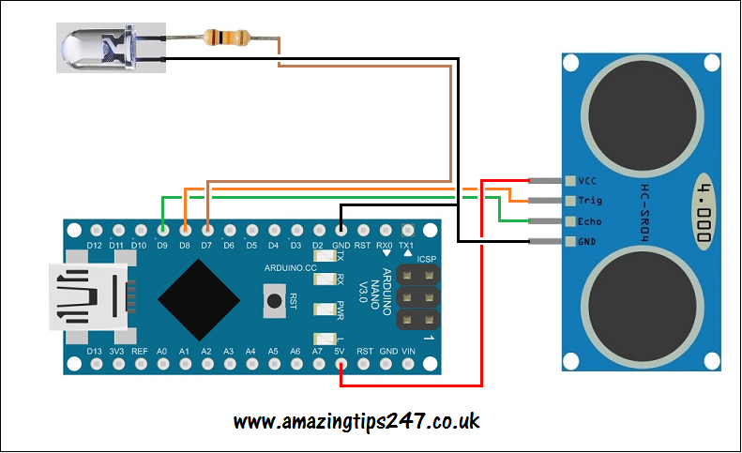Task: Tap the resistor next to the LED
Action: point(226,38)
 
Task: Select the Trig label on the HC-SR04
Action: point(590,201)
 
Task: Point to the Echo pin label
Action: point(590,222)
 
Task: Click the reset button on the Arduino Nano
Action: point(273,300)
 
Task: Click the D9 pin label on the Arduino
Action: point(161,246)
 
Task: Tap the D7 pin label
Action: point(206,246)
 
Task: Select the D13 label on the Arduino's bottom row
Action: point(94,351)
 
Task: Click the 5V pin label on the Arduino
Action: point(340,351)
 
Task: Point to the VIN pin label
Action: point(408,351)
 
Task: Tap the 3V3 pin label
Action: point(116,351)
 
